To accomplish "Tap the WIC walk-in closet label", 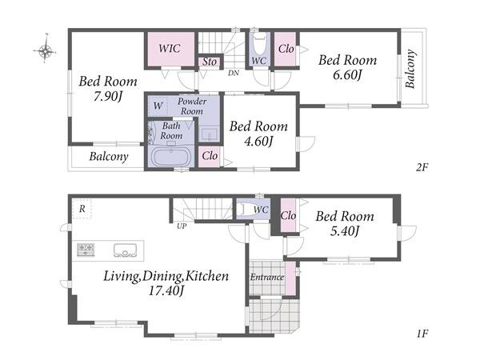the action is pos(170,48).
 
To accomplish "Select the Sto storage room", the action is pos(210,62).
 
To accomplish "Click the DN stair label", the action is pos(234,73).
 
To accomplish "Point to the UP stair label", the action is pos(182,226).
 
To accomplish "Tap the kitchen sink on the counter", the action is pos(126,250).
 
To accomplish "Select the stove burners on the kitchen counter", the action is pos(86,249).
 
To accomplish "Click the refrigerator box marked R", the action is pos(82,209).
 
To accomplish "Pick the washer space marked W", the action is pos(158,106).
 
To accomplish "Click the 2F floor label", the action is pos(422,167).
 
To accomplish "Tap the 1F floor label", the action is pos(422,334).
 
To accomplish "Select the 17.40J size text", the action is pos(166,290).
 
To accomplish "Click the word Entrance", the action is pos(267,278).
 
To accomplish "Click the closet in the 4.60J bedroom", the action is pos(210,157).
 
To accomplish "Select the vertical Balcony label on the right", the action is pos(410,69).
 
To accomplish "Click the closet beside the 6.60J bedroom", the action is pos(286,49).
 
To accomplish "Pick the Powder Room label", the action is pos(192,106).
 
